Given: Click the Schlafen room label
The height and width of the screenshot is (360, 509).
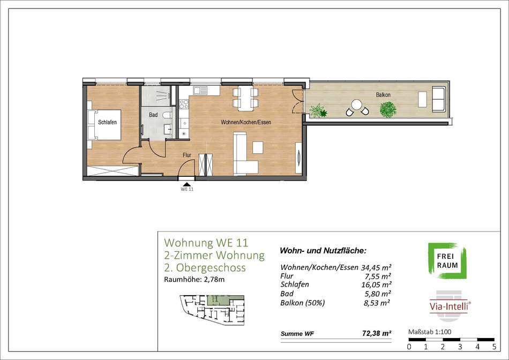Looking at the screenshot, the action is [107, 122].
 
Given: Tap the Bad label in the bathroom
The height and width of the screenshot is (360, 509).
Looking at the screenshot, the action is [153, 115].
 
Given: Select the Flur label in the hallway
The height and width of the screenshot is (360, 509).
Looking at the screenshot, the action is [186, 155].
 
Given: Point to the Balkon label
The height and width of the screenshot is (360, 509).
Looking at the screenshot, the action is [383, 95].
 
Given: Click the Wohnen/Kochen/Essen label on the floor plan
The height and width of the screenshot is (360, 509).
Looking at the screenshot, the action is [246, 122].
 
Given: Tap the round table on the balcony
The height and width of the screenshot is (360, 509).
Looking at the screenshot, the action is [357, 104].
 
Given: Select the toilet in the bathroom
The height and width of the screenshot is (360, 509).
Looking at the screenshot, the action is [167, 115].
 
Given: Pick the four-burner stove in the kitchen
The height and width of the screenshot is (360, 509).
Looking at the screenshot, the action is [184, 104].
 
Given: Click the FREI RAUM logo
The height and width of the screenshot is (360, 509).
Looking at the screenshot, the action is [447, 261].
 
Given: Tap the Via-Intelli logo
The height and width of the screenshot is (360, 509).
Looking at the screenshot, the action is [450, 305].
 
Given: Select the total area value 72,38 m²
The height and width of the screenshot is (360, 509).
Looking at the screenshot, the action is [377, 333].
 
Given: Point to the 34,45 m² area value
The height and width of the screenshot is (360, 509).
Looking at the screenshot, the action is [376, 268].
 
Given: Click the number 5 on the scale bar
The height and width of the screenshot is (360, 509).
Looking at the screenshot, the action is [494, 347].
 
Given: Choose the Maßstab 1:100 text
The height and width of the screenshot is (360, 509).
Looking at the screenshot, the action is [430, 332].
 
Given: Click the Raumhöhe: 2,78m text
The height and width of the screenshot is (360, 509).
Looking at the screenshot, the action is [194, 280].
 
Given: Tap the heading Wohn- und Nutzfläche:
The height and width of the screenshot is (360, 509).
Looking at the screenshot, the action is [323, 251].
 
